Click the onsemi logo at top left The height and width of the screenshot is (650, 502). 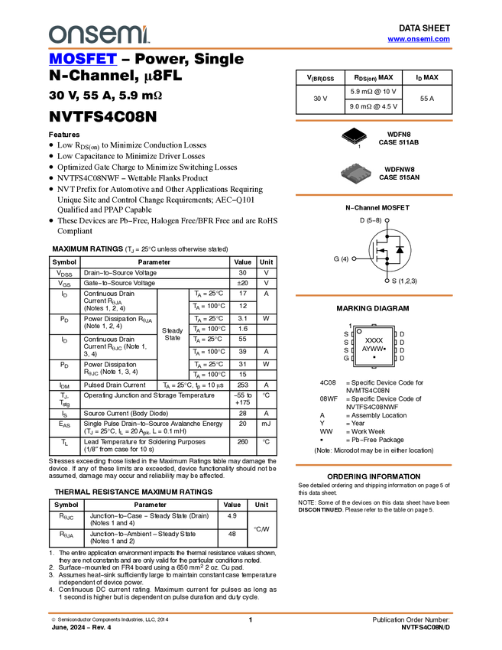[x=98, y=34]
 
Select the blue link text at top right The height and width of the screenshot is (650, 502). [x=419, y=39]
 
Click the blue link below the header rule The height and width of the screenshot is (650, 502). [x=83, y=60]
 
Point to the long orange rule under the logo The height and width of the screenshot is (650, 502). [x=251, y=49]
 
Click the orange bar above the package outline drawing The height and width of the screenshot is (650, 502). [x=374, y=120]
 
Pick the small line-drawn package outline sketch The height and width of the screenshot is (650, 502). [x=355, y=139]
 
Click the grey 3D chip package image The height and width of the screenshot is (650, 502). [x=356, y=174]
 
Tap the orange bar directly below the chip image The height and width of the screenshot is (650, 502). [x=374, y=195]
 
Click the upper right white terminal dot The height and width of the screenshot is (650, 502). [x=387, y=220]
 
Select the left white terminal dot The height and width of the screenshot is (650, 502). [x=354, y=258]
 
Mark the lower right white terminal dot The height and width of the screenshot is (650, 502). [x=387, y=281]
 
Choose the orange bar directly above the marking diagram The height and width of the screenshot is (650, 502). [x=374, y=295]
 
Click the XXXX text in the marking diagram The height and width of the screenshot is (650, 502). [x=374, y=340]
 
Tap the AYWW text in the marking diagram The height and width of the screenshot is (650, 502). [x=371, y=349]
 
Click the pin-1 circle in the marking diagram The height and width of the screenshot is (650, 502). [x=359, y=331]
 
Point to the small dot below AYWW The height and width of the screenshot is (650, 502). [x=374, y=357]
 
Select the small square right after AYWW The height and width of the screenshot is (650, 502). [x=384, y=349]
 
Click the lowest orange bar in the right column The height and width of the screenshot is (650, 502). [x=374, y=465]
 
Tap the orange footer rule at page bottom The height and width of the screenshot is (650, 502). [x=251, y=613]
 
